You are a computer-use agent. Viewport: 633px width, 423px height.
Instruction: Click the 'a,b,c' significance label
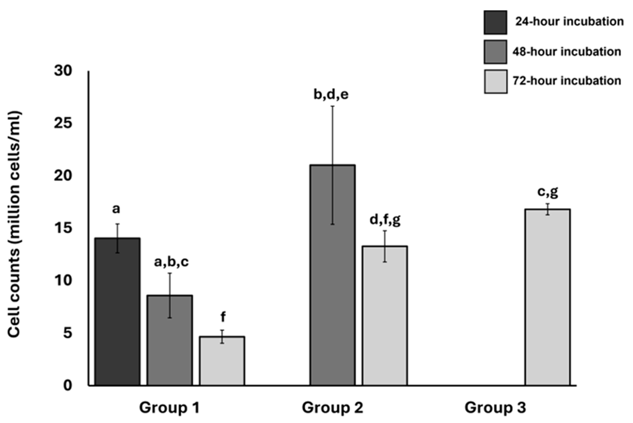pyautogui.click(x=171, y=262)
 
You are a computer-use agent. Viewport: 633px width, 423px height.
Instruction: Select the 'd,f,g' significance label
pyautogui.click(x=385, y=220)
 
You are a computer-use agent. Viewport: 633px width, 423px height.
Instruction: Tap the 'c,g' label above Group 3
pyautogui.click(x=547, y=192)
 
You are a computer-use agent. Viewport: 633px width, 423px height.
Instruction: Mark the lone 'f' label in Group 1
pyautogui.click(x=223, y=317)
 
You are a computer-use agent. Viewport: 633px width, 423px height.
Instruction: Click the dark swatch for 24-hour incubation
pyautogui.click(x=495, y=22)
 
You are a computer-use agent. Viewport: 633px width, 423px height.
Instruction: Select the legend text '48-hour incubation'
pyautogui.click(x=567, y=51)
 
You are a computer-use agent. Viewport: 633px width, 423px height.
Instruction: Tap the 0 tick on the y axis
pyautogui.click(x=68, y=385)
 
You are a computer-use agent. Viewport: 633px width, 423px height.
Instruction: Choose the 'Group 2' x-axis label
pyautogui.click(x=332, y=407)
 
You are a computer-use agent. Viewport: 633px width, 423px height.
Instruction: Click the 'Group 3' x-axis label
pyautogui.click(x=495, y=407)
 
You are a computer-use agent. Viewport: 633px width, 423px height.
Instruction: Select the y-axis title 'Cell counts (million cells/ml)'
pyautogui.click(x=14, y=224)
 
